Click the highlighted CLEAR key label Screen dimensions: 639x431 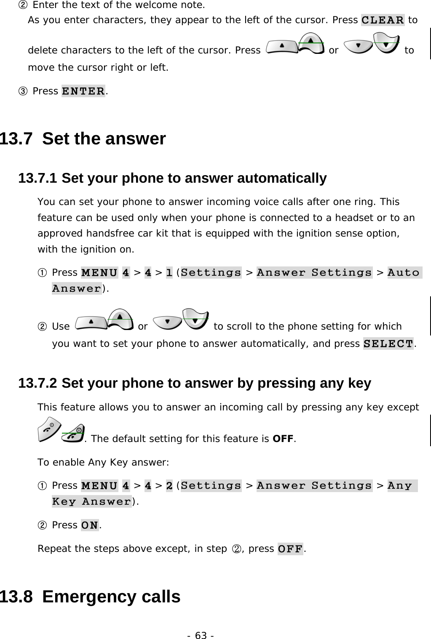(x=383, y=20)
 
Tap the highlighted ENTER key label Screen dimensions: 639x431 (x=83, y=91)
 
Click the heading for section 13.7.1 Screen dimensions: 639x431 (x=172, y=178)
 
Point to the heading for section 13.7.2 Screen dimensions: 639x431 (x=195, y=383)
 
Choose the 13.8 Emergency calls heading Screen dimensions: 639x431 (x=90, y=596)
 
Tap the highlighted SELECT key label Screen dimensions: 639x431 (x=388, y=343)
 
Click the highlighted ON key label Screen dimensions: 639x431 (x=90, y=525)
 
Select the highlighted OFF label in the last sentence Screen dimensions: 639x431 (x=290, y=549)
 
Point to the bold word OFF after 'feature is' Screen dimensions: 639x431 (x=283, y=439)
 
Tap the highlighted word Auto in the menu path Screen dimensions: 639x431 (x=404, y=273)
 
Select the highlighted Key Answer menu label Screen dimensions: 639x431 (x=91, y=502)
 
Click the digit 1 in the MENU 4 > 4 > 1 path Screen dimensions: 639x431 (x=169, y=273)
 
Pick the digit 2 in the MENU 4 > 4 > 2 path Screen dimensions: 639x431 (x=169, y=486)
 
